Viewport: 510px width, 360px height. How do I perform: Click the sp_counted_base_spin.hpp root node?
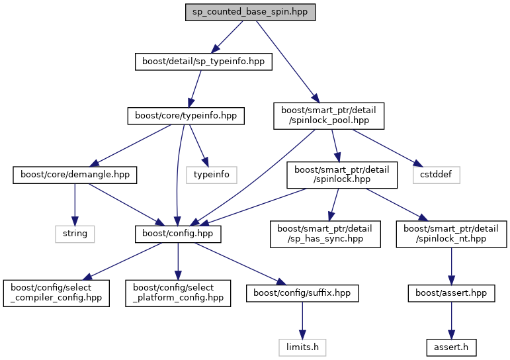coord(249,13)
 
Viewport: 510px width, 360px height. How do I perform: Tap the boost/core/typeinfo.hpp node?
coord(186,116)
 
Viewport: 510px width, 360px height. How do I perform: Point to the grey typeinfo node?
coord(212,175)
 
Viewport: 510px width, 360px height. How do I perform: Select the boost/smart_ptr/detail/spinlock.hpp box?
coord(341,175)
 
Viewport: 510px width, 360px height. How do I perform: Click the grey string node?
coord(75,233)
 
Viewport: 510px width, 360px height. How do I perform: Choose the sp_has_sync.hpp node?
coord(325,234)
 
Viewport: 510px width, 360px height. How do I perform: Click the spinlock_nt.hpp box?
coord(451,234)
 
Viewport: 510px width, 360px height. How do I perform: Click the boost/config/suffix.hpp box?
coord(302,292)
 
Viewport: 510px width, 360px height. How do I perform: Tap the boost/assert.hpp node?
coord(451,292)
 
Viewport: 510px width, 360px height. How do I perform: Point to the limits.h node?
coord(302,345)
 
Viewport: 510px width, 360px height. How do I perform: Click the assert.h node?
coord(451,345)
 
